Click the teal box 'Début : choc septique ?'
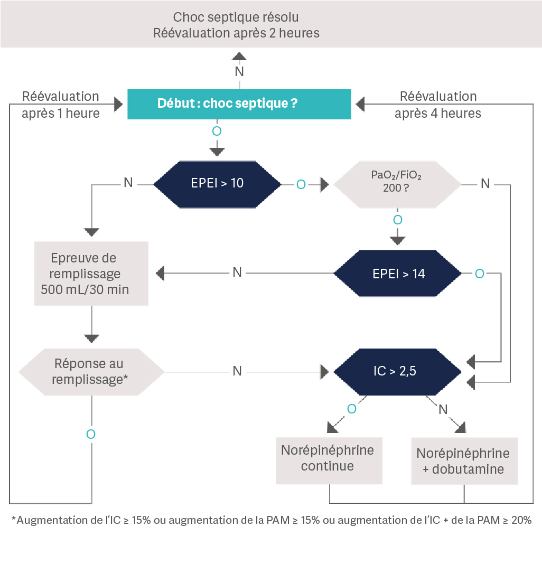pos(239,104)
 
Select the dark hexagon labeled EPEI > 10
pos(217,184)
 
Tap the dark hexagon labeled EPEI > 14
pos(398,274)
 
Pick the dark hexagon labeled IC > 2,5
pos(398,371)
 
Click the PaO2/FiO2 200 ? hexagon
pos(397,184)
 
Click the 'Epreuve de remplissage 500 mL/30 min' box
pos(91,274)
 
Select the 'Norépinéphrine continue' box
pos(329,458)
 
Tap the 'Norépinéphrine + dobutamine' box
pos(464,460)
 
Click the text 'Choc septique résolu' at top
pos(236,17)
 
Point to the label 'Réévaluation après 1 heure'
pos(61,105)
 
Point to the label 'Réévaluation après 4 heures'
pos(438,105)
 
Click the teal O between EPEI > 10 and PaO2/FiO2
pos(301,184)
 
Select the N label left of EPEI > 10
pos(128,183)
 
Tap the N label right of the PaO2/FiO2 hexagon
pos(485,184)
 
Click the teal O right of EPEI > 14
pos(479,274)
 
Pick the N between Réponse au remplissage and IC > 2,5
pos(237,371)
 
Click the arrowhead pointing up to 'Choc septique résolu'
pos(239,57)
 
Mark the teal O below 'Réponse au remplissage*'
pos(91,434)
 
